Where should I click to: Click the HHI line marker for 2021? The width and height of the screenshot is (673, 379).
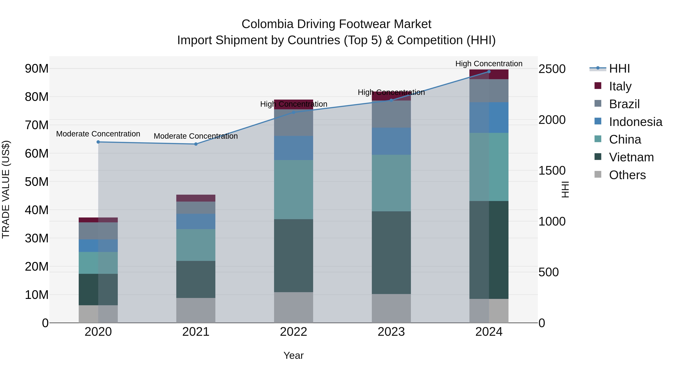196,144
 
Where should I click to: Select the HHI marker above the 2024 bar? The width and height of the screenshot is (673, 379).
489,72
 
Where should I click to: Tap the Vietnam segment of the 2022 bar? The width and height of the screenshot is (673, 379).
293,255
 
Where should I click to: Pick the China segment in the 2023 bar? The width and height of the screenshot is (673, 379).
391,183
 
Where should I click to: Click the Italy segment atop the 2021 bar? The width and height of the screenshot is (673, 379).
196,198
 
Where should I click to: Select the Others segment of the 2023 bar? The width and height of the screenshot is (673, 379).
391,308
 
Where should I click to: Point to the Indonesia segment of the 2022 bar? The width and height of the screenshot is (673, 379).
293,148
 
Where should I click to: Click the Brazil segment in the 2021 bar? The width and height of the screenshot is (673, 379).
196,208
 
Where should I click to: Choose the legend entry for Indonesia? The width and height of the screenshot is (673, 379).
635,122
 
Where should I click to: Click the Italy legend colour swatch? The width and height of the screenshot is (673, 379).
598,86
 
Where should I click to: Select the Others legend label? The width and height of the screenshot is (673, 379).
627,175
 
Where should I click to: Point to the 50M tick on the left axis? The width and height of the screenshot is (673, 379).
37,182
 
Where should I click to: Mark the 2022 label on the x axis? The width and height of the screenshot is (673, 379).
293,332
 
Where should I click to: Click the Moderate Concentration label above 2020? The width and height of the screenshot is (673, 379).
98,134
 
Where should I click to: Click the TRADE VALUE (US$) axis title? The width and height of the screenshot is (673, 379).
6,190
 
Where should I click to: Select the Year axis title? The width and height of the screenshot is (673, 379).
293,355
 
